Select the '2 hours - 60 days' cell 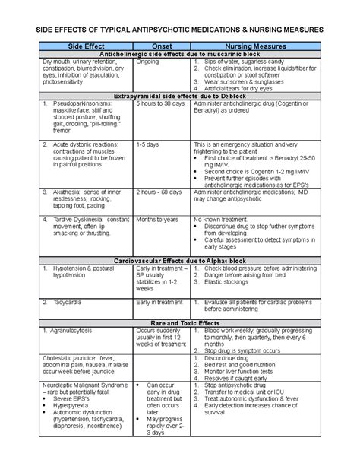159,192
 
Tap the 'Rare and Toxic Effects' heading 180,322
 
